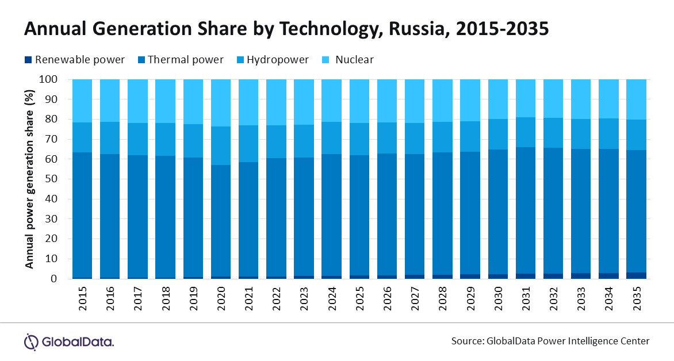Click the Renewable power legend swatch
pos(28,60)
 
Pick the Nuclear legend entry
pos(354,60)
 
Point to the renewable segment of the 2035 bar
pos(636,275)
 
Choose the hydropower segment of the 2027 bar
pos(415,139)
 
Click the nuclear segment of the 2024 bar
pos(332,100)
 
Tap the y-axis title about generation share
pos(29,179)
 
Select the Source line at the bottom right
pos(550,341)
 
